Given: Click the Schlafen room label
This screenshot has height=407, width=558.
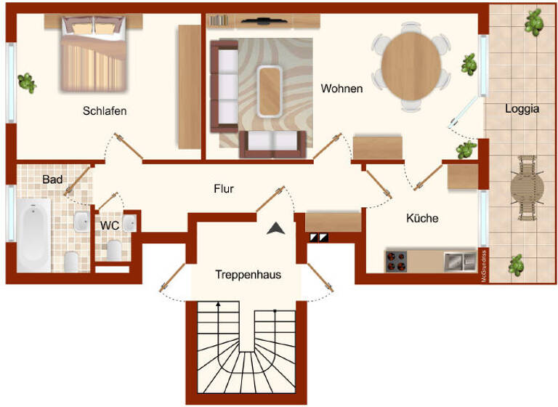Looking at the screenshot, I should point(105,111).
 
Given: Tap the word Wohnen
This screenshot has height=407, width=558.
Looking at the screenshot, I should point(341,89).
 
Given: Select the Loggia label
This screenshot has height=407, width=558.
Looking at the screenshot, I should point(522,109).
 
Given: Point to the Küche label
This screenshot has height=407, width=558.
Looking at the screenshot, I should point(422,217).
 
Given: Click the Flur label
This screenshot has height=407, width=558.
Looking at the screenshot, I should point(224,189).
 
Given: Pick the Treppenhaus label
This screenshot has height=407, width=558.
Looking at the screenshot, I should point(248,275).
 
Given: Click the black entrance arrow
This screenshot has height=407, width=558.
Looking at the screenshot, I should point(275,228).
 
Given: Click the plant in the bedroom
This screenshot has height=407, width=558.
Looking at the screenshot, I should point(28,82).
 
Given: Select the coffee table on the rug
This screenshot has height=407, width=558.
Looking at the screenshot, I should point(270,91).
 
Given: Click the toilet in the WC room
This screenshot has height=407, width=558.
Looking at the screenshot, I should point(113,250).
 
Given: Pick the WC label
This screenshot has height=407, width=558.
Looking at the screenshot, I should point(110,225).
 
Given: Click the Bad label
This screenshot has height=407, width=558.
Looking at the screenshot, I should point(52,179).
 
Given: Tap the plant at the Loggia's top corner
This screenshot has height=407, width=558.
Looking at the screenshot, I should point(535,23).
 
